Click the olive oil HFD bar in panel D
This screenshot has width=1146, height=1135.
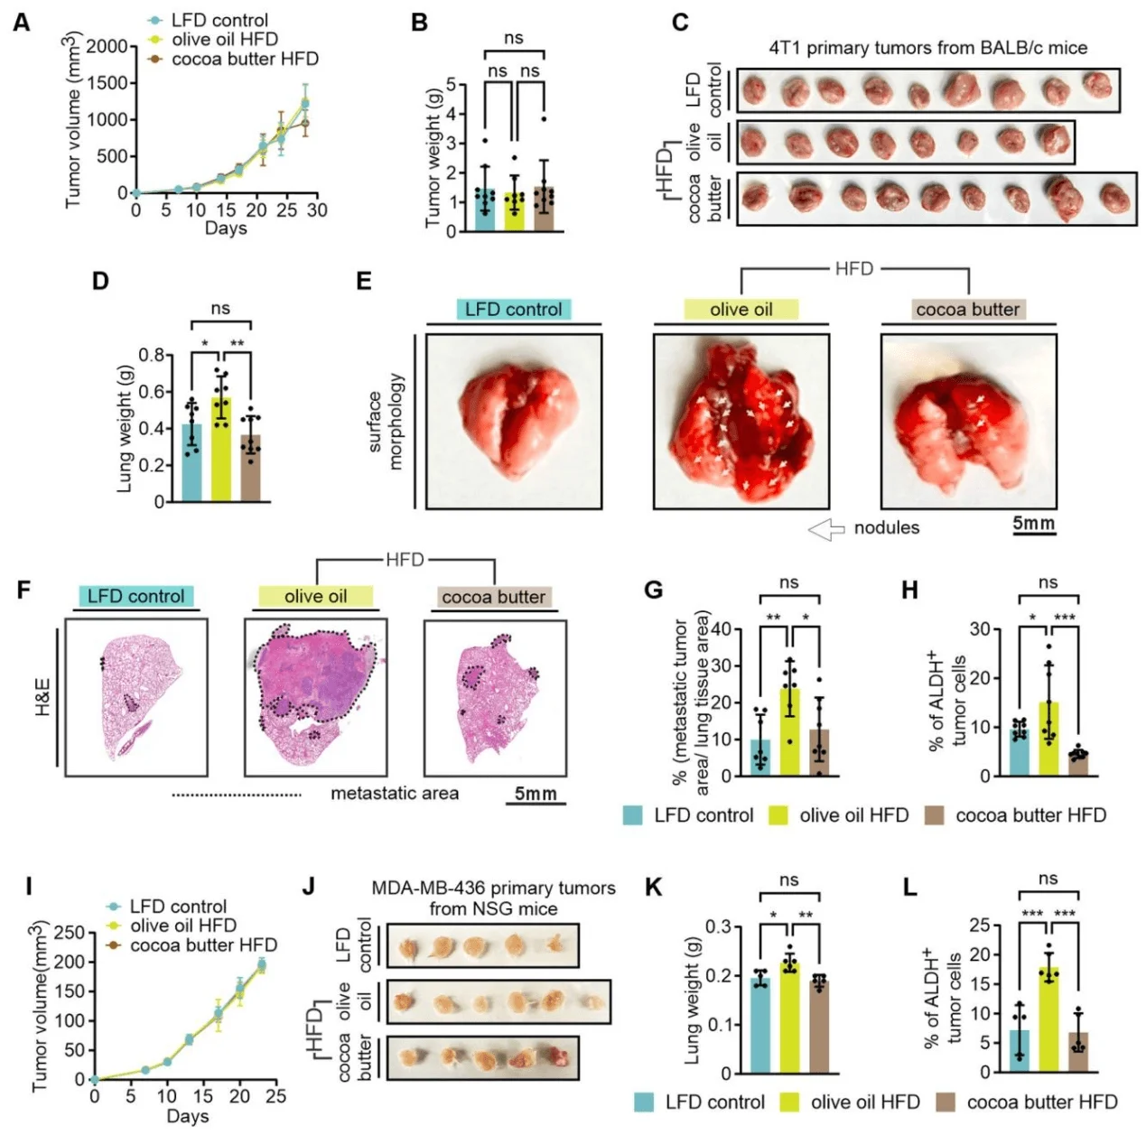[220, 451]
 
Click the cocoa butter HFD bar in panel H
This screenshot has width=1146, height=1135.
[1078, 764]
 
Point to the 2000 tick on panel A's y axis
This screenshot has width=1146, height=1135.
[107, 47]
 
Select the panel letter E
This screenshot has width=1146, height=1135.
[365, 281]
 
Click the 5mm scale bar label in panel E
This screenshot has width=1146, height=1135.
[1033, 524]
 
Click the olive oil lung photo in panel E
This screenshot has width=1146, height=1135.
[741, 421]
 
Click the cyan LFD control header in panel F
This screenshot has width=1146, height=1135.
[136, 596]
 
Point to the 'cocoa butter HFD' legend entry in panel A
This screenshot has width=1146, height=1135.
[244, 59]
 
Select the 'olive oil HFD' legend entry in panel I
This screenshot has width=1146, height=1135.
[182, 926]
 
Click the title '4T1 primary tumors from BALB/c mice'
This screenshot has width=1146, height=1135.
[927, 47]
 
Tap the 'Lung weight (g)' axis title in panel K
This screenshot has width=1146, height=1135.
[693, 1000]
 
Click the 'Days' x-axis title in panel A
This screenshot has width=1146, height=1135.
[225, 228]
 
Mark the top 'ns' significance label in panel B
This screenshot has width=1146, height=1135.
[513, 38]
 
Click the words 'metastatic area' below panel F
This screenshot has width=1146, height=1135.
[395, 794]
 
